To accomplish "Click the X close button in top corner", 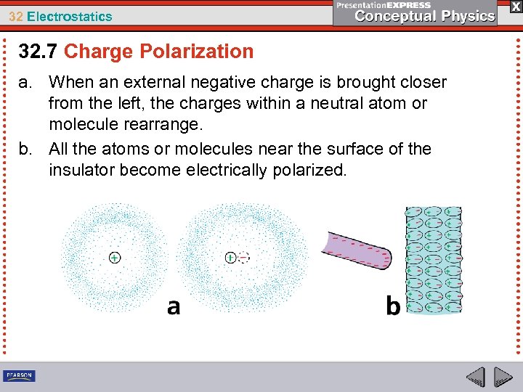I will click(x=514, y=6).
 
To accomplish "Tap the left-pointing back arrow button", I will click(x=476, y=377).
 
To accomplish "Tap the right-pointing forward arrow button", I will click(x=503, y=377).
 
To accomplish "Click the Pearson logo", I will click(x=20, y=376).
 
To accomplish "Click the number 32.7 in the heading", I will click(x=38, y=52).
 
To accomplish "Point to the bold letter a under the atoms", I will click(x=174, y=307).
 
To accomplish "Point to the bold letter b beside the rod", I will click(x=393, y=307).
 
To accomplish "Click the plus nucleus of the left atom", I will click(x=115, y=257).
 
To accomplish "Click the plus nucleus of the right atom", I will click(x=230, y=257).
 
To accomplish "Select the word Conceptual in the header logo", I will click(x=392, y=16).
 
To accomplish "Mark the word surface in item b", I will click(x=348, y=149).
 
